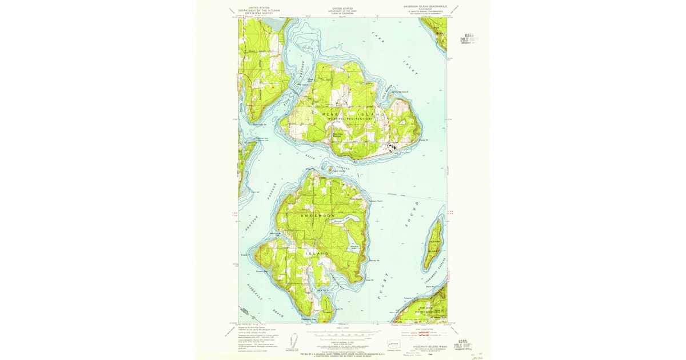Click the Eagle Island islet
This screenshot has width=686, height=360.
[330, 168]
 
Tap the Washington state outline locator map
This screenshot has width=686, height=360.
[394, 345]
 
